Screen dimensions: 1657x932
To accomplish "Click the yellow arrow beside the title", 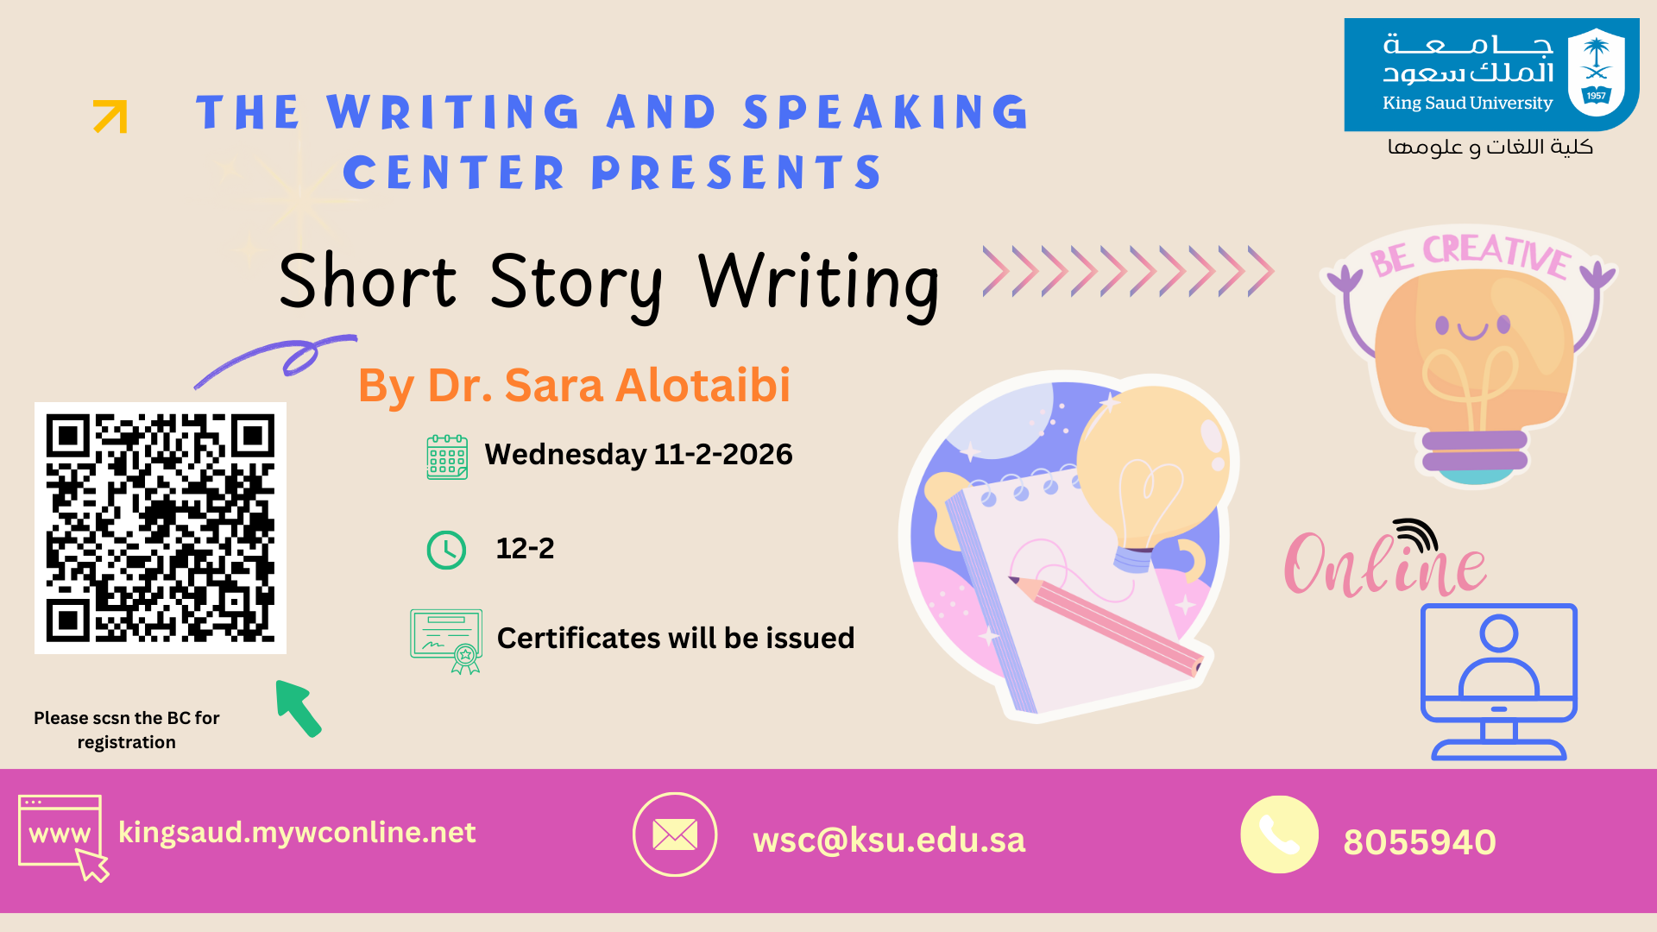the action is pos(110,116).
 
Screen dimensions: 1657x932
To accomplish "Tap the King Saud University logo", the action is pos(1491,74).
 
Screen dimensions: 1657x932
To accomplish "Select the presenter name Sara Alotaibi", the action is pos(647,385).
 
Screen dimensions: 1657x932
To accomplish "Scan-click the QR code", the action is pos(161,528).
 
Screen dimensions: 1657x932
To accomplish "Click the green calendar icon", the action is pos(447,457).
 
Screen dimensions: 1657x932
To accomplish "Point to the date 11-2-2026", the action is pos(723,454).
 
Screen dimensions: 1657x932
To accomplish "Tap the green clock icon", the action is pos(446,550).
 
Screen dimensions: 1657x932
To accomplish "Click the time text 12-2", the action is pos(525,548).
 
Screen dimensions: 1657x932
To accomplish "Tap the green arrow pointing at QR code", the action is pos(298,708).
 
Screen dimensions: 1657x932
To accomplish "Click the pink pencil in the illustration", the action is pos(1106,626).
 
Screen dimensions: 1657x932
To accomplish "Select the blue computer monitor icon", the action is pos(1499,682).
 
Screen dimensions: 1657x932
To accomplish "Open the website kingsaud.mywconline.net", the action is pos(297,833).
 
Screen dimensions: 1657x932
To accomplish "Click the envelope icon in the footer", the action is pos(675,834).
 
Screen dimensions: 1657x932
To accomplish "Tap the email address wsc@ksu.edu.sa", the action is pos(889,841).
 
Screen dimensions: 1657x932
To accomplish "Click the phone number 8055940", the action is pos(1420,842).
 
